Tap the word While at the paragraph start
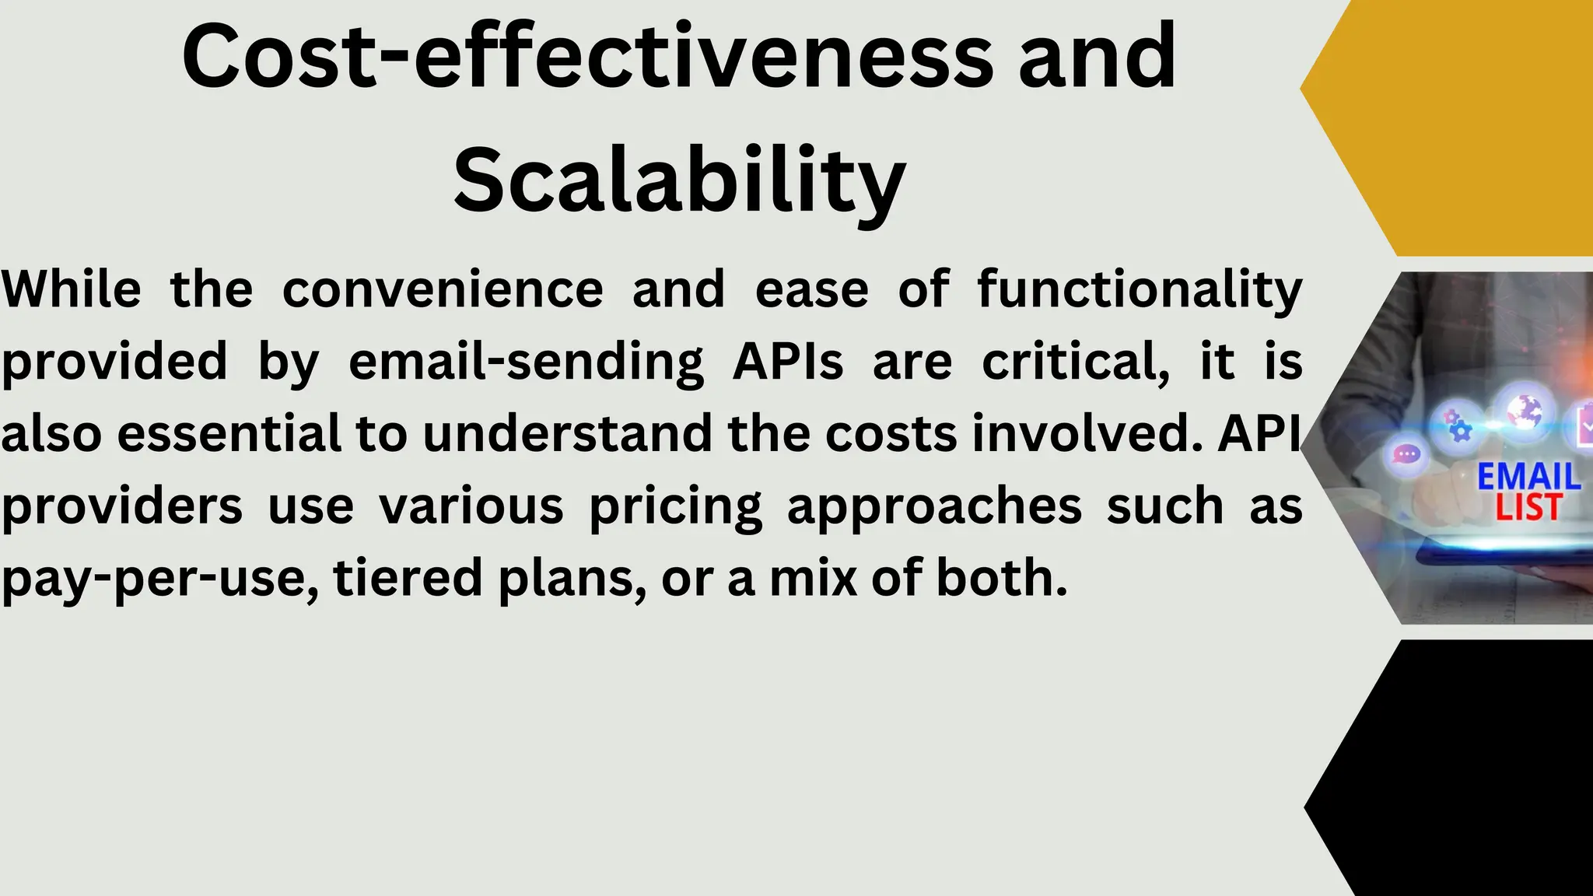click(72, 289)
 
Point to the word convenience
click(443, 289)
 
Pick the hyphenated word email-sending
click(526, 362)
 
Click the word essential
click(229, 434)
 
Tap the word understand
click(567, 434)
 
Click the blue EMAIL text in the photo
click(1528, 477)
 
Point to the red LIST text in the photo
click(1528, 508)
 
